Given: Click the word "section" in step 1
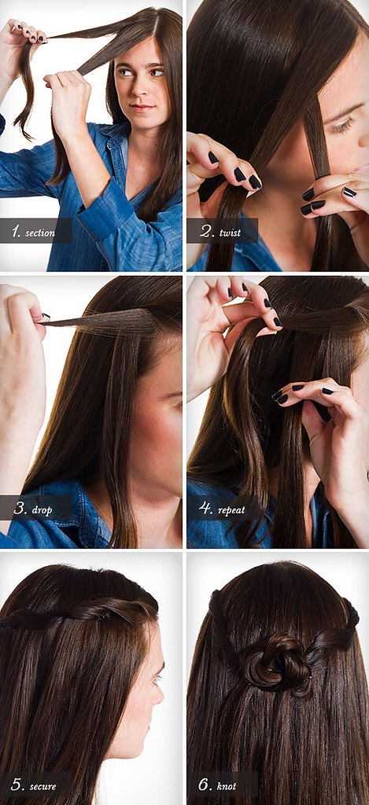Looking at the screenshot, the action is coord(41,233).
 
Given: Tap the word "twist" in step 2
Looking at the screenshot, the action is coord(231,233).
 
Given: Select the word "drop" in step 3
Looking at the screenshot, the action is coord(42,510).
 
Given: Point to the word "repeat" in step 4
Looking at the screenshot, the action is coord(231,510).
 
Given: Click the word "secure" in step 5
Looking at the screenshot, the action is coord(42,786).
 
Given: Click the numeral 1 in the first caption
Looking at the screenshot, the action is coord(17,232).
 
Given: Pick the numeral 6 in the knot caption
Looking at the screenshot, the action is coord(205,785).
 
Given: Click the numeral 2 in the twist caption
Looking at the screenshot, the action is coord(206,232).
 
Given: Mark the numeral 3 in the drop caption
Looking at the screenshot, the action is coord(20,509).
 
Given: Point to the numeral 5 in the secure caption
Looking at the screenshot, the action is coord(17,785).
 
